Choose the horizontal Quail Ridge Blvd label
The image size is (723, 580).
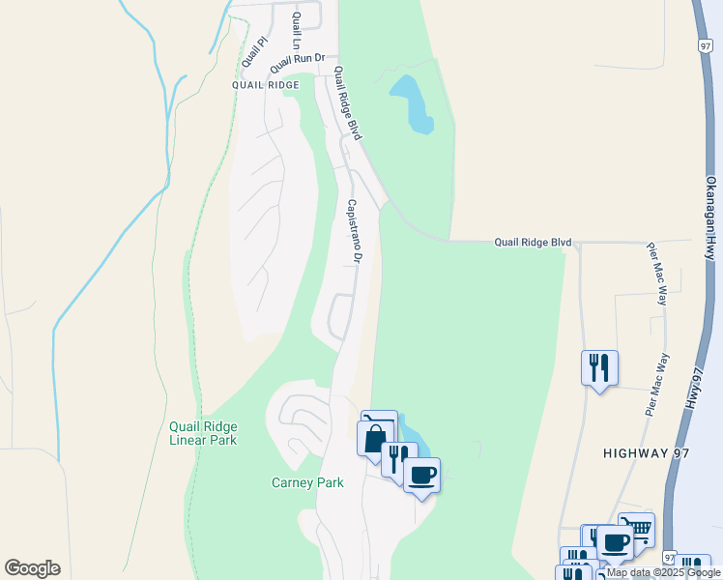(534, 242)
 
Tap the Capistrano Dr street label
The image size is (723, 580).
(354, 232)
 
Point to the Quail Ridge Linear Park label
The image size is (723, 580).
(203, 433)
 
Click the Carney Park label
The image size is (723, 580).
(307, 482)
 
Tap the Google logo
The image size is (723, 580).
(32, 568)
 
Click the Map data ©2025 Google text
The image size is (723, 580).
(664, 573)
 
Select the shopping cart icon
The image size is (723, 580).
(637, 529)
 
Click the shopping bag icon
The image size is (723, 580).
(375, 437)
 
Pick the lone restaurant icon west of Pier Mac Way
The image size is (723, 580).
(599, 366)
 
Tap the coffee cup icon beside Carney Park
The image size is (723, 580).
(421, 475)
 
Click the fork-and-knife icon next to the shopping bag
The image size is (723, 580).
(398, 457)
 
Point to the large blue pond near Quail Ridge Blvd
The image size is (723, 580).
(414, 103)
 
